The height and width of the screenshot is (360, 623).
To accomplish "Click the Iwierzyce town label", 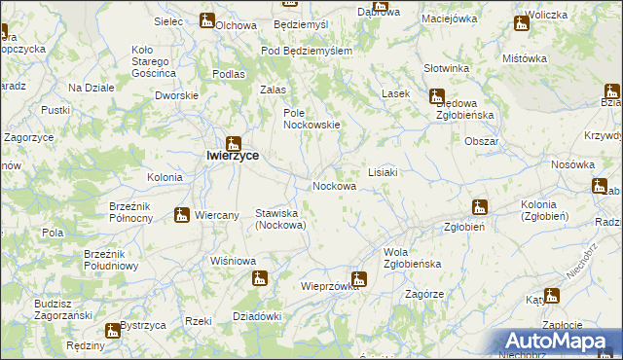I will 231,154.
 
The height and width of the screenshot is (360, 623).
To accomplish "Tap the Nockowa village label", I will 333,186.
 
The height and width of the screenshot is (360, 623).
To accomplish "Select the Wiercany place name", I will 218,216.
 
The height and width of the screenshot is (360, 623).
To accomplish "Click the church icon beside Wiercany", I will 182,215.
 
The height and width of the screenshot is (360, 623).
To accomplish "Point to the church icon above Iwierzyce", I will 234,142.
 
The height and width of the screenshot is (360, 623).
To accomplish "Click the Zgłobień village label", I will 465,228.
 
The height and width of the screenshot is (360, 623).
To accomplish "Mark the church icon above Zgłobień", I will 479,206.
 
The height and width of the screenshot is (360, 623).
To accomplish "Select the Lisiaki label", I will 382,172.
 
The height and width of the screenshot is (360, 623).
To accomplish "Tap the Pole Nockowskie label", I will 311,119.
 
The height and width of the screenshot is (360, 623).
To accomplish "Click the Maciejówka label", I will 449,18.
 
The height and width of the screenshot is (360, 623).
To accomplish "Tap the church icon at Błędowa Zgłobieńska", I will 436,96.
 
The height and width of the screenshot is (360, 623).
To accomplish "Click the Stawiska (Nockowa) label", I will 280,219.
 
